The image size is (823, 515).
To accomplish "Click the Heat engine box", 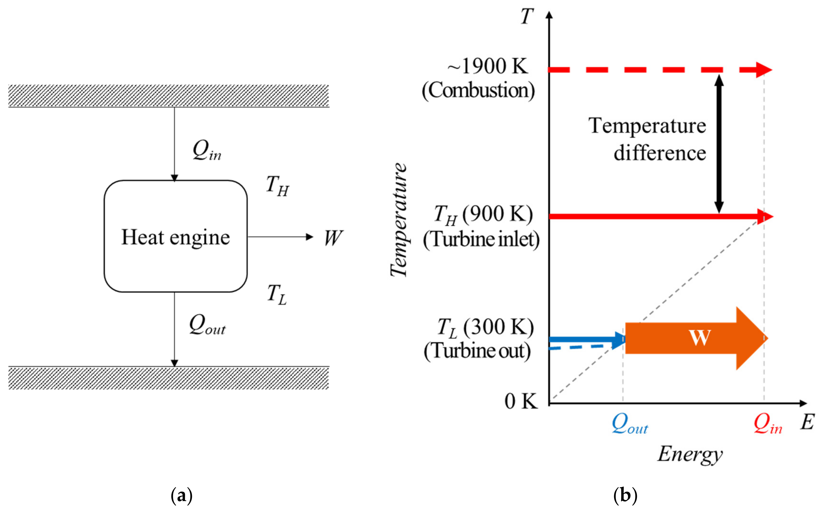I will click(x=175, y=236).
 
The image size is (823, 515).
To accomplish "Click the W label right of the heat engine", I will click(x=333, y=238).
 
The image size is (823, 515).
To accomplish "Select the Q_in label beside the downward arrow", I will click(x=207, y=151).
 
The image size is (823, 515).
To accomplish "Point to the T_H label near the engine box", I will click(x=277, y=186).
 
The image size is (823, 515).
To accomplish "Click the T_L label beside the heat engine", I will click(x=277, y=295).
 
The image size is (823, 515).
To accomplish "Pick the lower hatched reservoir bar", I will click(x=169, y=378).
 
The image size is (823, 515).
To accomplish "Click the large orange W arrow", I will click(x=695, y=338).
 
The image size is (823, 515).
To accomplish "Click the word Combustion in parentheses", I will click(x=478, y=90).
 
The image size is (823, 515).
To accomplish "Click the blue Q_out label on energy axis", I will click(x=630, y=425).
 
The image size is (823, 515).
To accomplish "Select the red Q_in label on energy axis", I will click(x=767, y=425).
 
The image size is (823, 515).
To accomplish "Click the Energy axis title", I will click(x=690, y=455).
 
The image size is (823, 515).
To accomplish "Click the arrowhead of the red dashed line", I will click(x=763, y=70).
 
